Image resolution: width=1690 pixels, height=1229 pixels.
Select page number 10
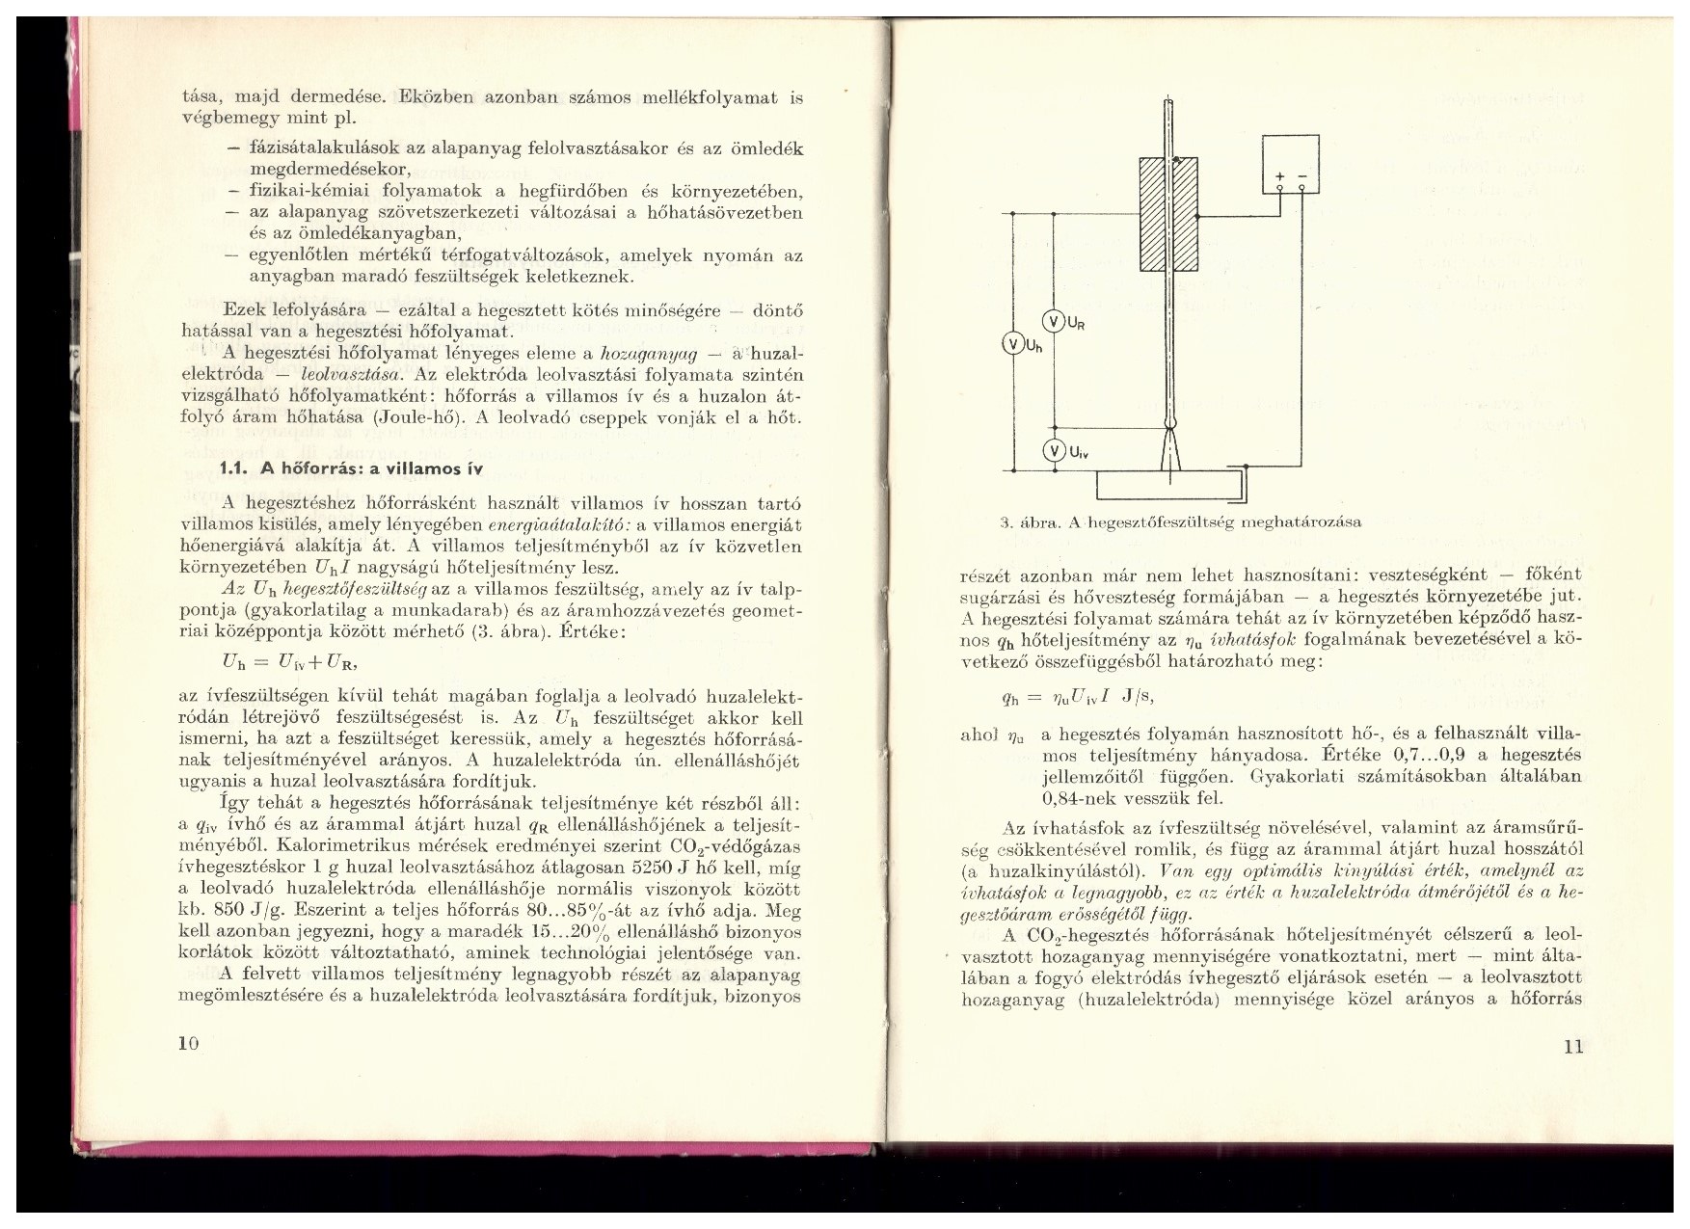click(x=189, y=1044)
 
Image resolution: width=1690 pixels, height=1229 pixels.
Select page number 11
click(x=1572, y=1047)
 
